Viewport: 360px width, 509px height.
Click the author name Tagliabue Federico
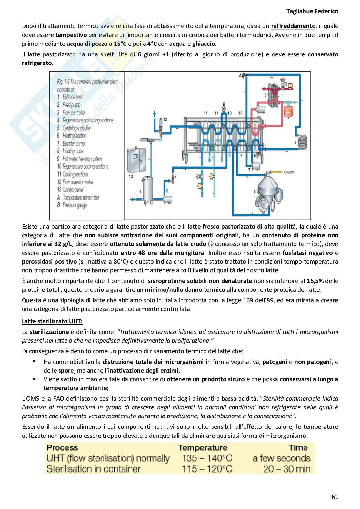(x=312, y=11)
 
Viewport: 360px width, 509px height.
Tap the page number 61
(x=335, y=497)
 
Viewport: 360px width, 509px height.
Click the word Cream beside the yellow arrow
(x=289, y=172)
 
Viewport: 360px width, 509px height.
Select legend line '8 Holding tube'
(x=70, y=151)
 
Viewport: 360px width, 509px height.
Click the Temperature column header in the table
(x=203, y=447)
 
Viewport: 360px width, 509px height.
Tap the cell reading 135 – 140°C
(x=207, y=458)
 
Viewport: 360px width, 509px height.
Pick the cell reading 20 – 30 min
(x=286, y=468)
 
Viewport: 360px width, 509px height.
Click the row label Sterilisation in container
(x=94, y=468)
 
